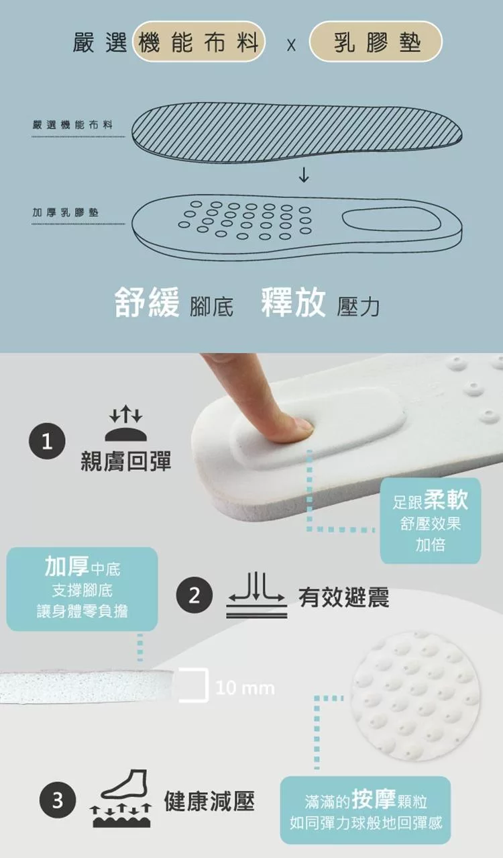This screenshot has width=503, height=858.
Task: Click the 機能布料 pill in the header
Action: [x=199, y=42]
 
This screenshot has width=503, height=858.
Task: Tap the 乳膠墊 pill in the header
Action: [x=376, y=42]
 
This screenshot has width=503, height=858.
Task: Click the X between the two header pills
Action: [x=291, y=46]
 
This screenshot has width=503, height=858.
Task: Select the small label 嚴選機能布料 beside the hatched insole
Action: [x=72, y=124]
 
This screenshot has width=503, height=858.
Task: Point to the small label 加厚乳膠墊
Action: [x=66, y=213]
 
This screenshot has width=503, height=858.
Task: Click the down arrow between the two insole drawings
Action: [x=304, y=175]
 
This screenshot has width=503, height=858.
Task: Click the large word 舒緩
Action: [x=147, y=303]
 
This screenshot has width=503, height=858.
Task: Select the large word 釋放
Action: [x=293, y=303]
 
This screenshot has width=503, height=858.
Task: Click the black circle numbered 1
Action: [x=47, y=441]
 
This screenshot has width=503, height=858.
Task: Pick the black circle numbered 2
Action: [x=194, y=595]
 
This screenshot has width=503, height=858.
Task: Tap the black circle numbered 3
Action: [x=58, y=800]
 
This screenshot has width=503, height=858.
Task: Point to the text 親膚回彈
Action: [x=126, y=461]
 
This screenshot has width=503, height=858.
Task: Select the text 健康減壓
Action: [x=209, y=800]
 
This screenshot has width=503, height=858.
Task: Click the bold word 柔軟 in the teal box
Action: [x=446, y=500]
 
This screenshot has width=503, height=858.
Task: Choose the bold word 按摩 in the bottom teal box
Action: [x=374, y=799]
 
